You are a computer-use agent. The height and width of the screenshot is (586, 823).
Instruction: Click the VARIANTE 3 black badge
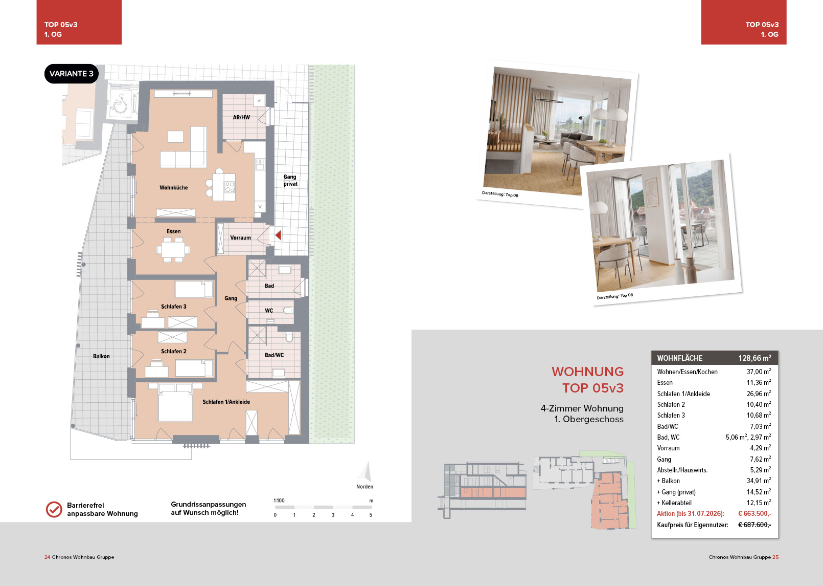71,74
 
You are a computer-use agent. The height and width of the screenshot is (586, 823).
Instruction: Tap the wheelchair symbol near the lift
120,104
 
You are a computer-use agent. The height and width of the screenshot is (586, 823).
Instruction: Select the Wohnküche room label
173,188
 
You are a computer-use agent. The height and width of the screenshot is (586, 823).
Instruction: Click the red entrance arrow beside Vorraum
278,235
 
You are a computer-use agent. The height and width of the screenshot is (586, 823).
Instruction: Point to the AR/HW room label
241,117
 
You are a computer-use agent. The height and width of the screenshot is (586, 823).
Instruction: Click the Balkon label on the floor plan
101,356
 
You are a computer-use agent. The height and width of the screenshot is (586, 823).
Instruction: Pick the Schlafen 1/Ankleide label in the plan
226,402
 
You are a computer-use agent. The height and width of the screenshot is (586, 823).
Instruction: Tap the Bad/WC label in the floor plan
274,355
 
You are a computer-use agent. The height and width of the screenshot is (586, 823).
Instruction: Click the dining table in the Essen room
173,250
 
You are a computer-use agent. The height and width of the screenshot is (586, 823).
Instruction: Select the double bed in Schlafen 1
175,403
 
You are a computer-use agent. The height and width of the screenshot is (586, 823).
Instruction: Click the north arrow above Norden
366,471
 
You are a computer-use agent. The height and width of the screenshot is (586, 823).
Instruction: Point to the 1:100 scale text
279,501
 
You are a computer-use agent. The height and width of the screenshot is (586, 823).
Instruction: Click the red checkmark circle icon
54,509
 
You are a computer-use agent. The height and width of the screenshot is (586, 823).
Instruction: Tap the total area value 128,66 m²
755,358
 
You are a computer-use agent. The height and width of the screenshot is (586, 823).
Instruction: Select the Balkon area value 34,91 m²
759,481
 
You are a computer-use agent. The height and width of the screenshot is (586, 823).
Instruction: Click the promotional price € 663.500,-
755,513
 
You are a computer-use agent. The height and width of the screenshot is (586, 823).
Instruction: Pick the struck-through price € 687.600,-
755,525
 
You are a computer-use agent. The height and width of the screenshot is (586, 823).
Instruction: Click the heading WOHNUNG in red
587,372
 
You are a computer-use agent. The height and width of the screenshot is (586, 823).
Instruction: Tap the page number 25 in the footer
775,557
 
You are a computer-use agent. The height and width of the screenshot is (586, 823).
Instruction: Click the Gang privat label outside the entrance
290,180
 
